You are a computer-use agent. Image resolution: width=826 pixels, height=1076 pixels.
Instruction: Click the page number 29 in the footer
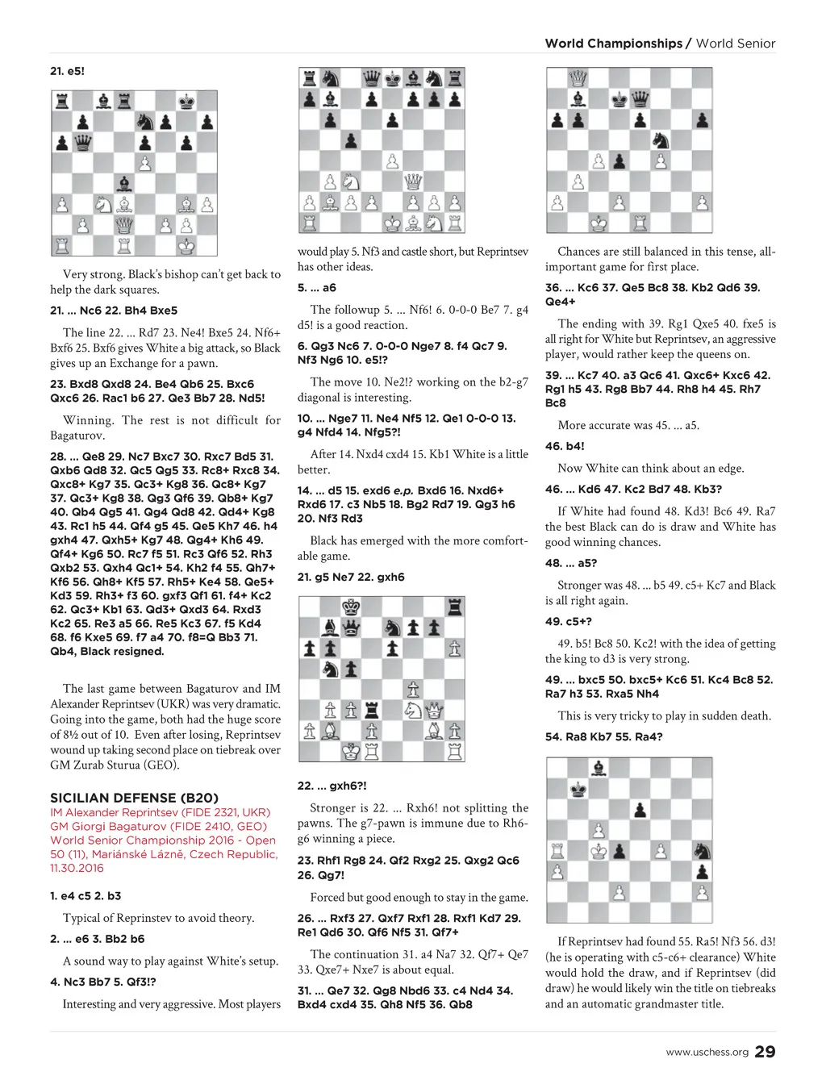click(x=765, y=1051)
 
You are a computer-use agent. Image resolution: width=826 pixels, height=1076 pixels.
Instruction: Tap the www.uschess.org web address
click(x=707, y=1052)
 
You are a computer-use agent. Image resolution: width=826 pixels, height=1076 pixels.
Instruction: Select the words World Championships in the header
click(x=613, y=44)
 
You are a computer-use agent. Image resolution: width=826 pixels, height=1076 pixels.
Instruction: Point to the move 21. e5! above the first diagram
click(x=67, y=71)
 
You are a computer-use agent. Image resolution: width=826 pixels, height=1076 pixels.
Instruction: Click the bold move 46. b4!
click(x=565, y=446)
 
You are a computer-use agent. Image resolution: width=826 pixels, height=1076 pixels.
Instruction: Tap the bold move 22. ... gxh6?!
click(x=332, y=786)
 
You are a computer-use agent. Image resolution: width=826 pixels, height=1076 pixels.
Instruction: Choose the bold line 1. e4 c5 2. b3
click(x=86, y=895)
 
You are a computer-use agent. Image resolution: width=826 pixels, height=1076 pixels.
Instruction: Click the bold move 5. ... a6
click(x=316, y=287)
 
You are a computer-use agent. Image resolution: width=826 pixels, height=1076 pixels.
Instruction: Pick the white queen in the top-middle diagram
click(x=413, y=181)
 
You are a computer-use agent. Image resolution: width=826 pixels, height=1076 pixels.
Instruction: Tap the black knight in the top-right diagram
click(x=661, y=140)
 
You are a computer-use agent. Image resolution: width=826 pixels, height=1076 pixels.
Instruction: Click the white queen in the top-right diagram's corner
click(x=578, y=78)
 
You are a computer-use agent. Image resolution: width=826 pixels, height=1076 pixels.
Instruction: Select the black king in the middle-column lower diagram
click(x=351, y=606)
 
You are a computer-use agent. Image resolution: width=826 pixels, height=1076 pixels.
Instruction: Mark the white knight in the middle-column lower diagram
click(x=412, y=710)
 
